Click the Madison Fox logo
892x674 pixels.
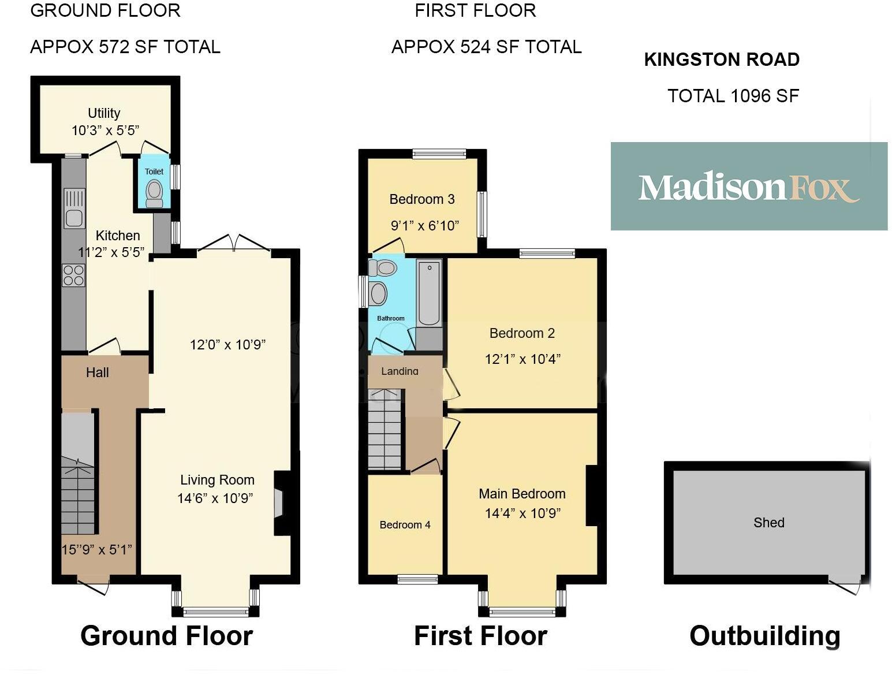pyautogui.click(x=748, y=187)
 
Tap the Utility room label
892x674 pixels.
pyautogui.click(x=104, y=113)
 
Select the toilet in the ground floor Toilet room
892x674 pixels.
pyautogui.click(x=154, y=193)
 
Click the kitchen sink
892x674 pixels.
pyautogui.click(x=74, y=209)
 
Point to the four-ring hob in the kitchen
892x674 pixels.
pyautogui.click(x=73, y=275)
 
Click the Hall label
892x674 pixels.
pyautogui.click(x=97, y=373)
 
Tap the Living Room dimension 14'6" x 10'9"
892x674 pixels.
pyautogui.click(x=215, y=498)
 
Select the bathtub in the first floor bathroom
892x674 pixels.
pyautogui.click(x=428, y=293)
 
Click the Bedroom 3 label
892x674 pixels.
pyautogui.click(x=422, y=200)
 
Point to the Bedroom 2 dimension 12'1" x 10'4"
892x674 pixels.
pyautogui.click(x=522, y=359)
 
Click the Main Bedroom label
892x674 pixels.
pyautogui.click(x=522, y=494)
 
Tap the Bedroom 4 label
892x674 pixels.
pyautogui.click(x=405, y=525)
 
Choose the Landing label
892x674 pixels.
pyautogui.click(x=400, y=371)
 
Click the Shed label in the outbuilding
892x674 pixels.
pyautogui.click(x=768, y=523)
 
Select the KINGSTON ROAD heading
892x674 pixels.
pyautogui.click(x=722, y=59)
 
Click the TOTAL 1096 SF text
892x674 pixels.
pyautogui.click(x=733, y=96)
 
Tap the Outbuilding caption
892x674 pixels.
pyautogui.click(x=764, y=635)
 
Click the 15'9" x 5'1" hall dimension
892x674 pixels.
pyautogui.click(x=97, y=550)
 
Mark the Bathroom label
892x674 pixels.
pyautogui.click(x=390, y=318)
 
